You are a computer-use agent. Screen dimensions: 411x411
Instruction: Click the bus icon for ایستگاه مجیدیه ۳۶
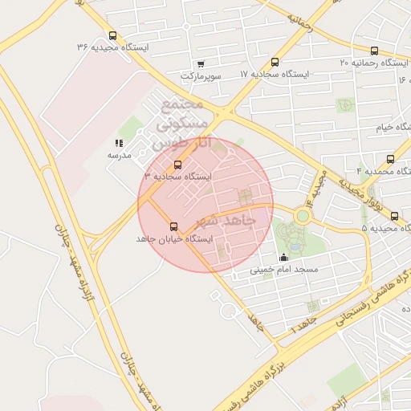[112, 35]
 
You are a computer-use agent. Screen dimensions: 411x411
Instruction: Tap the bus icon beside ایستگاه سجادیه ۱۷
[275, 62]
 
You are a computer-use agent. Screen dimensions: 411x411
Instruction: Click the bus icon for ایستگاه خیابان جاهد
[173, 227]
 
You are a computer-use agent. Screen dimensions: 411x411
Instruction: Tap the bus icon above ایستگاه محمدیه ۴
[390, 159]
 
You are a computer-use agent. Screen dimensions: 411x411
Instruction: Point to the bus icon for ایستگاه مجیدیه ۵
[393, 215]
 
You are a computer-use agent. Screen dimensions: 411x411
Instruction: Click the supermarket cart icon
[200, 63]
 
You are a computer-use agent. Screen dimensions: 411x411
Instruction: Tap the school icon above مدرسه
[119, 143]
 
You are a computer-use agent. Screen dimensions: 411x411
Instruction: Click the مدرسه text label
[119, 154]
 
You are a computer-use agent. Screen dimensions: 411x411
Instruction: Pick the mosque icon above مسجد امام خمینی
[283, 258]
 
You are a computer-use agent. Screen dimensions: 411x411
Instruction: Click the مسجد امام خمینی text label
[283, 270]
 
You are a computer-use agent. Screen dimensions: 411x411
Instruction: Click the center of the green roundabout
[303, 215]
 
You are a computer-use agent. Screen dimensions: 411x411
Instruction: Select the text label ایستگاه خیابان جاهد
[173, 239]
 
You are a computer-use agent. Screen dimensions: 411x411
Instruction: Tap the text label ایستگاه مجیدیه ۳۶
[112, 47]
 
